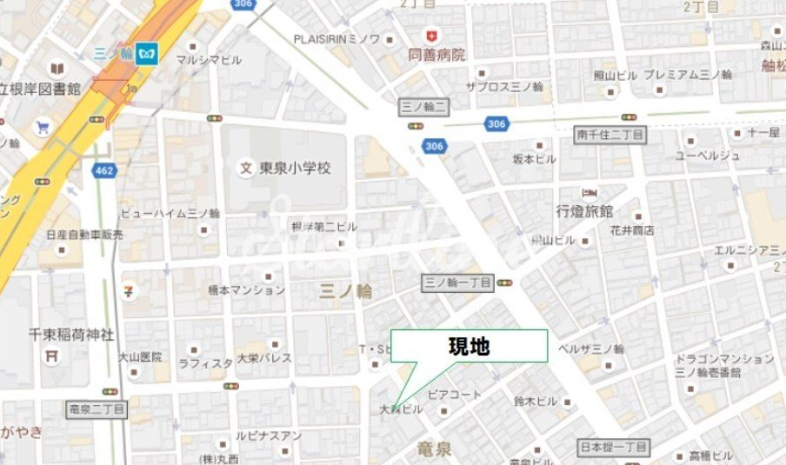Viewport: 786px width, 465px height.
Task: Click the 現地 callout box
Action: [469, 346]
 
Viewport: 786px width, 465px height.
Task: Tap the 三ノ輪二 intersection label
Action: [423, 107]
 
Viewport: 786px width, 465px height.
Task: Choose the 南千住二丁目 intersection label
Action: [610, 134]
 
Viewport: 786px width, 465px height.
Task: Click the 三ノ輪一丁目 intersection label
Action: [457, 282]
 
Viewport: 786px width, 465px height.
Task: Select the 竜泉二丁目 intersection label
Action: [97, 408]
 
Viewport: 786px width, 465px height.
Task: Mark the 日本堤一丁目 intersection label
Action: [613, 448]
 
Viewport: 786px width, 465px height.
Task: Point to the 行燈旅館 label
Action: [585, 211]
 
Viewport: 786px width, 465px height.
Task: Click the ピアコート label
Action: [454, 394]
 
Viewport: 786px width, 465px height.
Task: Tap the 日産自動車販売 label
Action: [85, 235]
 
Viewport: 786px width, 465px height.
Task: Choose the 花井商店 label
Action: [630, 230]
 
